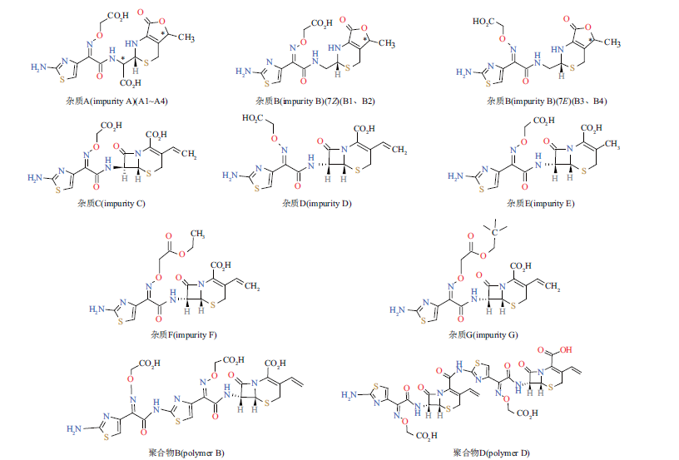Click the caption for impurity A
(116, 101)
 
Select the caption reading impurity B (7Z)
(315, 101)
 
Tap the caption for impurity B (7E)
(547, 101)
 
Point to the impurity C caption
(112, 204)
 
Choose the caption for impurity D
(317, 204)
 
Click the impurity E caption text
(540, 204)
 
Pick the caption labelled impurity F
(184, 334)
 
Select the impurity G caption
(483, 334)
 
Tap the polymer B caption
(186, 453)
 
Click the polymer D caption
(492, 453)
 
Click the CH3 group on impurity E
(612, 144)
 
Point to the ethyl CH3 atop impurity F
(197, 234)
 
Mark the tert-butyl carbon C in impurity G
(494, 232)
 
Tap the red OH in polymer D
(566, 349)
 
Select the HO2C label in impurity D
(252, 118)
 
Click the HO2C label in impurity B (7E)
(483, 22)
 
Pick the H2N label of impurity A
(38, 67)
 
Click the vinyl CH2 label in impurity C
(189, 154)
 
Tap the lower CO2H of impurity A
(131, 82)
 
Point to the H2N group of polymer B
(74, 429)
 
